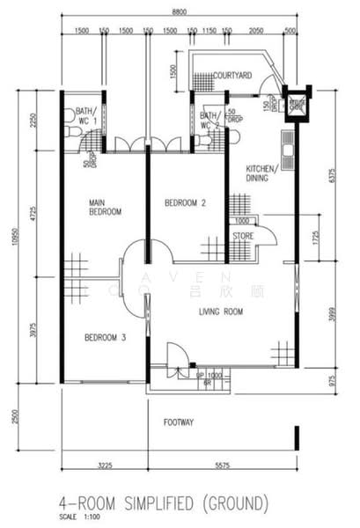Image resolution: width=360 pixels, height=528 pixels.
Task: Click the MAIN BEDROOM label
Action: click(x=104, y=207)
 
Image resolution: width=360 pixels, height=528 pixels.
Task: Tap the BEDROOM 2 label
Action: click(x=186, y=203)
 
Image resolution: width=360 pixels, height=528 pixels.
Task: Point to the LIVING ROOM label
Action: click(x=220, y=311)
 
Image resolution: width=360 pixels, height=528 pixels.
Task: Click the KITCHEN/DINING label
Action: click(x=262, y=172)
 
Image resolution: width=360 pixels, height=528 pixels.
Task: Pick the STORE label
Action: click(x=243, y=237)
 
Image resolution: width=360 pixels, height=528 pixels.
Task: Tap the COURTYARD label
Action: click(x=232, y=77)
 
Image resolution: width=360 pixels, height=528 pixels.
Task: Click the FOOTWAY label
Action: click(x=179, y=422)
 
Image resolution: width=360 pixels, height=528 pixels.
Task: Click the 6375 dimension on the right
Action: click(x=332, y=173)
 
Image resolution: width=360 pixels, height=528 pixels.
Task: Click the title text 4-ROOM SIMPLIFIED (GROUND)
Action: click(x=163, y=503)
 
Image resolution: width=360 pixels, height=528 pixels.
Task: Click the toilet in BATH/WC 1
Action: click(x=70, y=115)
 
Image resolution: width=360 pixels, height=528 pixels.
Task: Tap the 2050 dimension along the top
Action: click(x=256, y=31)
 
